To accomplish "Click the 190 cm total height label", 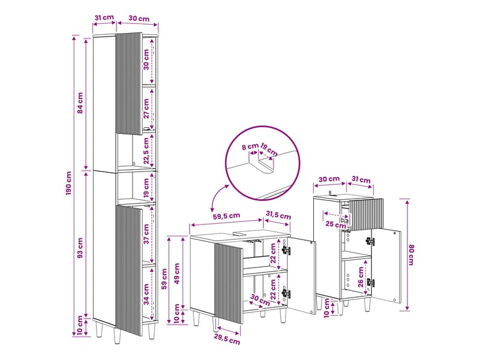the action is (x=68, y=183).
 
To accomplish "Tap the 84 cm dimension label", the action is (x=80, y=103).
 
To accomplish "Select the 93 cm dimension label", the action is (x=80, y=248).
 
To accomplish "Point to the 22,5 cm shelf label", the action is (x=146, y=151).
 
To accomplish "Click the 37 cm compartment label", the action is (x=146, y=234).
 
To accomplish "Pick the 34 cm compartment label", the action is (x=146, y=294).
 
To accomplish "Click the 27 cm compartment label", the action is (x=146, y=109).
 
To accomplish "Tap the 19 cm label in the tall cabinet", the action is (x=146, y=188).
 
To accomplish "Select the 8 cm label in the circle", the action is (x=250, y=146).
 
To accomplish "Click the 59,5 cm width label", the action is (x=227, y=216).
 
